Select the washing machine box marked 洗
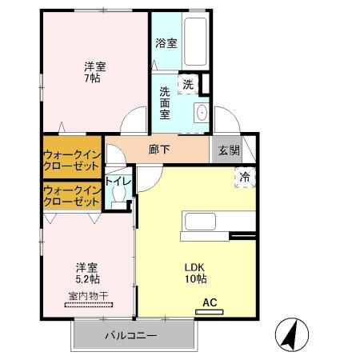click(188, 83)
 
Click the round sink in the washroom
click(201, 111)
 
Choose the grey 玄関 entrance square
click(225, 150)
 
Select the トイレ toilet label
click(119, 181)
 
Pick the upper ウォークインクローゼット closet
click(72, 159)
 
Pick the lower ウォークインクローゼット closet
click(72, 196)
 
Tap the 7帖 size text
click(95, 79)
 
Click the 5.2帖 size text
click(87, 280)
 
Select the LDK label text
click(196, 267)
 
